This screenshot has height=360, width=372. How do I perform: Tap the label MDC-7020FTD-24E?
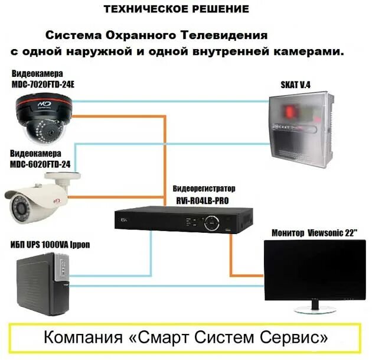tap(43, 85)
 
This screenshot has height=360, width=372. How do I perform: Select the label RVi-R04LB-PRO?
tap(204, 200)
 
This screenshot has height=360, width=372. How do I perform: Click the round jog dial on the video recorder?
tap(211, 223)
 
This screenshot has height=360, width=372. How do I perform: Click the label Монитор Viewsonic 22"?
tap(315, 233)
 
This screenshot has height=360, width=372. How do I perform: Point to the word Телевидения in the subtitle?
tap(229, 36)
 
